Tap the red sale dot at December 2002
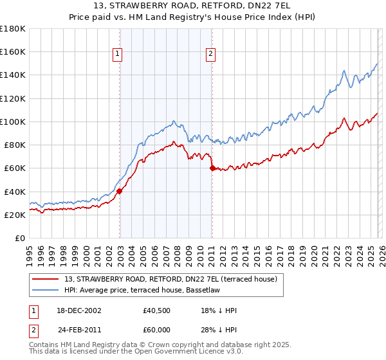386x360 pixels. tap(120, 190)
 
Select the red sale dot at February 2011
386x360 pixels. tap(212, 168)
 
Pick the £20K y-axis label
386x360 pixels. tap(15, 215)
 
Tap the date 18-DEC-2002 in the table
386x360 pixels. tap(78, 310)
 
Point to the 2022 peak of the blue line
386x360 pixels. tap(345, 70)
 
